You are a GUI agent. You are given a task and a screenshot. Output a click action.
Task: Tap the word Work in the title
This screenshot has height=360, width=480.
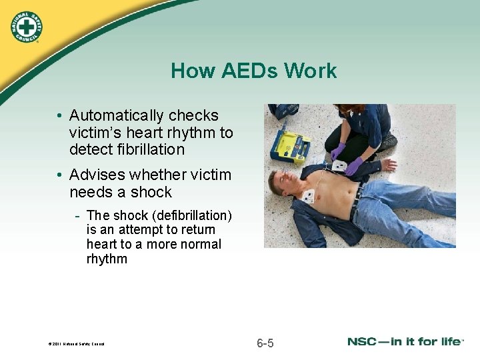click(312, 71)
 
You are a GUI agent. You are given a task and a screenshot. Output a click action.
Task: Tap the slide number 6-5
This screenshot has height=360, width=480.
click(265, 343)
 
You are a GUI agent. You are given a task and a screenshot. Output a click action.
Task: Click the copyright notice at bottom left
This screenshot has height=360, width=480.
click(76, 345)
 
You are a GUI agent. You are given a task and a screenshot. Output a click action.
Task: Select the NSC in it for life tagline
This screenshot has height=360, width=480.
click(405, 342)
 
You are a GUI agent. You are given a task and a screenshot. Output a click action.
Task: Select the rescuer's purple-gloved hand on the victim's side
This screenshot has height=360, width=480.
click(354, 166)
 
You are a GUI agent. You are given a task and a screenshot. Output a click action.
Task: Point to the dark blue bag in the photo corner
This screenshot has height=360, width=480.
click(286, 111)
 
